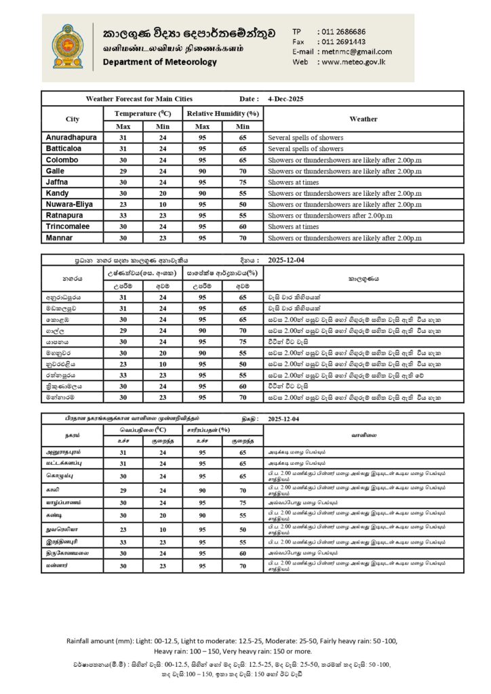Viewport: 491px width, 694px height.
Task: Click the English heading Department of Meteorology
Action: click(160, 62)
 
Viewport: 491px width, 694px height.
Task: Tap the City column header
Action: click(73, 119)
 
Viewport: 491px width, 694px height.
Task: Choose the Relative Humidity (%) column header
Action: click(223, 113)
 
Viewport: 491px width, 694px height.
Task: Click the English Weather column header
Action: click(363, 119)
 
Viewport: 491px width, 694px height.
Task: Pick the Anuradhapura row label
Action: click(71, 137)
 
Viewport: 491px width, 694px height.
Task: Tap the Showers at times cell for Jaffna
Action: click(293, 182)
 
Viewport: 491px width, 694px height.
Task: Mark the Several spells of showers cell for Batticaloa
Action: click(305, 148)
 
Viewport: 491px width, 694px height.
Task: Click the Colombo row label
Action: click(62, 159)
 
